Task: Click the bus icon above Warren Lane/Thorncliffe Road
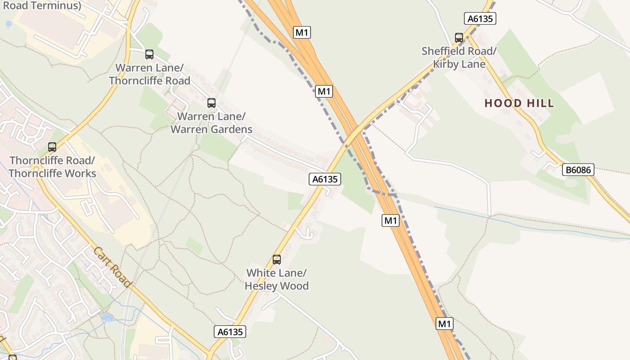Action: pyautogui.click(x=149, y=54)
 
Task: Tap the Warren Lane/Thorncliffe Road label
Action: pyautogui.click(x=149, y=75)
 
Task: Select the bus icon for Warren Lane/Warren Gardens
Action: pyautogui.click(x=211, y=103)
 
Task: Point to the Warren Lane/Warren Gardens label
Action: pyautogui.click(x=211, y=123)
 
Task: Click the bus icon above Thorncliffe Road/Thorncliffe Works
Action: pyautogui.click(x=52, y=147)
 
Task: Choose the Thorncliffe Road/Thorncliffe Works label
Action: pyautogui.click(x=52, y=167)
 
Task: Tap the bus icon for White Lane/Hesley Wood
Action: pyautogui.click(x=277, y=260)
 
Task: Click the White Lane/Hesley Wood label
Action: pyautogui.click(x=277, y=279)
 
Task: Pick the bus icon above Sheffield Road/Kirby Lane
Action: pyautogui.click(x=459, y=38)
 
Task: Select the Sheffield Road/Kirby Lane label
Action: pyautogui.click(x=459, y=58)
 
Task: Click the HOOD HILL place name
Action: pyautogui.click(x=519, y=103)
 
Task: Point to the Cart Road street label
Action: pyautogui.click(x=112, y=267)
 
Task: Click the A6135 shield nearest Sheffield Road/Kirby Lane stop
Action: pyautogui.click(x=480, y=18)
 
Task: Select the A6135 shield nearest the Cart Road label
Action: pyautogui.click(x=230, y=332)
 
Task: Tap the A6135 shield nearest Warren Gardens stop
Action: pyautogui.click(x=325, y=179)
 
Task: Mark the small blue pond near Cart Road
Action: pyautogui.click(x=108, y=318)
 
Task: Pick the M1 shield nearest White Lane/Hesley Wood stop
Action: pyautogui.click(x=391, y=220)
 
